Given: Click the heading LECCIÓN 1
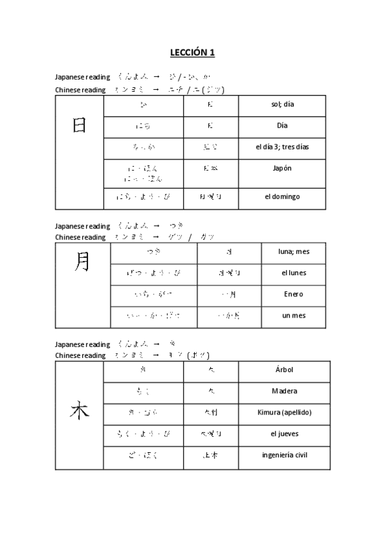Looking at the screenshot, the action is [192, 52].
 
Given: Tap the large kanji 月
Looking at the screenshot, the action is [82, 262].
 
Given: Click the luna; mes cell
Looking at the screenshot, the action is [294, 251].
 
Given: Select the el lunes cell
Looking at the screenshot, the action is [294, 273].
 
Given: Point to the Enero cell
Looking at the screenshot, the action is [294, 294].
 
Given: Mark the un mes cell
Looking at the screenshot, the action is [294, 316].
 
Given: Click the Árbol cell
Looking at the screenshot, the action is [283, 370].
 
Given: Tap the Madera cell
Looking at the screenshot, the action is [283, 391].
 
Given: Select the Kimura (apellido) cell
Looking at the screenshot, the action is [283, 412].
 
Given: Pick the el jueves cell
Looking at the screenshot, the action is [283, 434].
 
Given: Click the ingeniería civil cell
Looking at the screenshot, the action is [283, 455].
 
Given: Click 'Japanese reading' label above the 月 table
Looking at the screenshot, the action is [82, 226].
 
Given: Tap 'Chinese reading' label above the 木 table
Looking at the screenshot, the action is [80, 355].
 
